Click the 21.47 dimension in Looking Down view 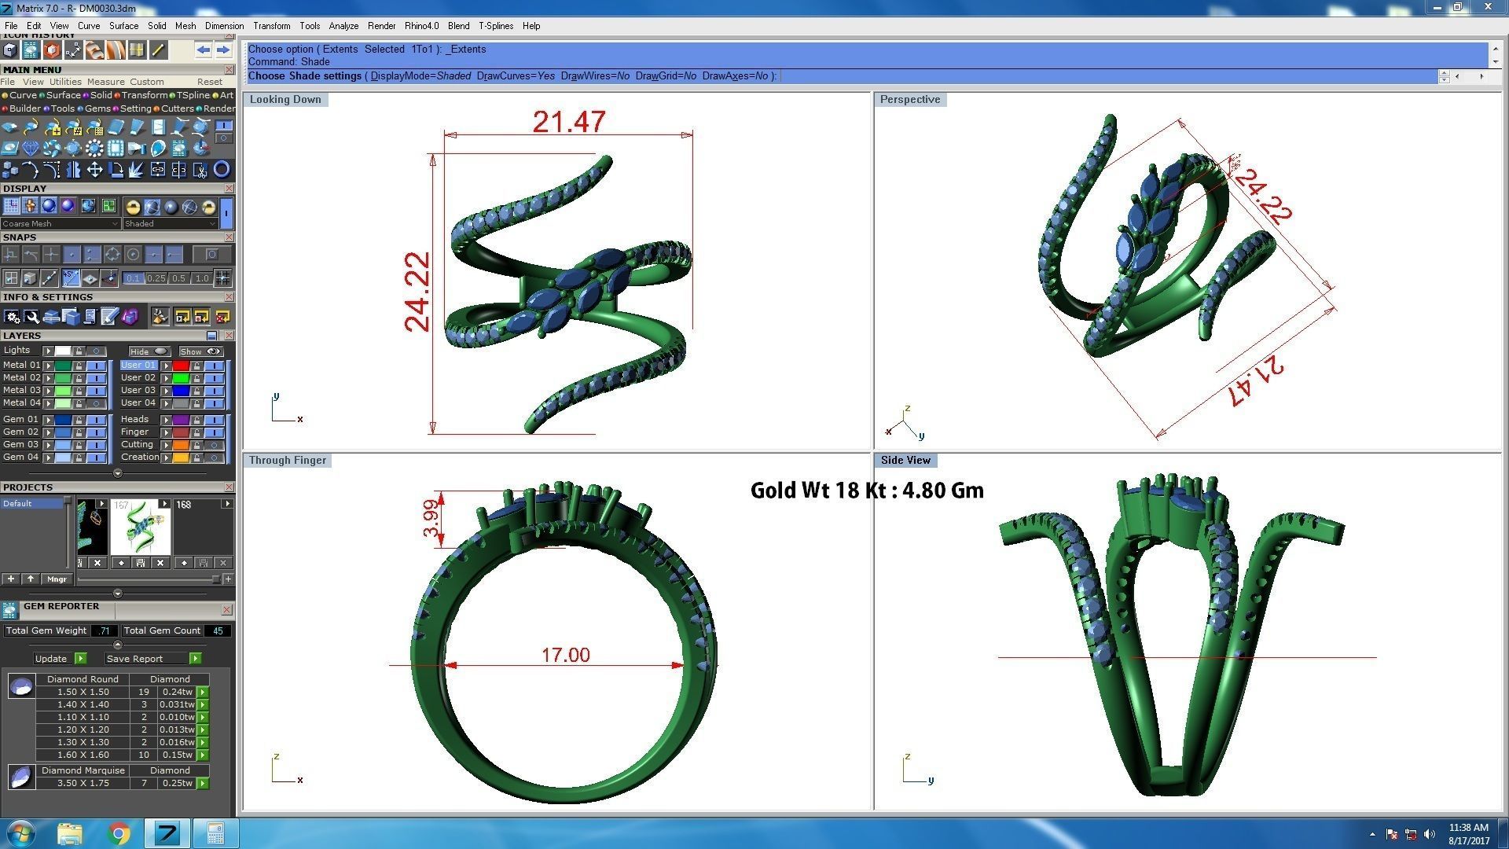(x=568, y=122)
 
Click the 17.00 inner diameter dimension (x=565, y=655)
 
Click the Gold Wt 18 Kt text (x=866, y=491)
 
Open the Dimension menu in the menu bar (x=224, y=26)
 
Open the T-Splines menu (x=495, y=26)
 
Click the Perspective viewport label (x=909, y=100)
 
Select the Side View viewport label (x=905, y=461)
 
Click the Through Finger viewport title (x=287, y=461)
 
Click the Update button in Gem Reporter (x=51, y=659)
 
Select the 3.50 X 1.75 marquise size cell (x=83, y=783)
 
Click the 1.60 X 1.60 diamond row (x=83, y=755)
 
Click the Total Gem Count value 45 (x=218, y=630)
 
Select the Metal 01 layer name (x=20, y=365)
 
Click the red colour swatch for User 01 (x=181, y=366)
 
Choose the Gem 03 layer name (x=20, y=444)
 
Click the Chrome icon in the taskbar (x=119, y=833)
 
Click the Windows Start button (x=21, y=832)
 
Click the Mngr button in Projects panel (x=57, y=579)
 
